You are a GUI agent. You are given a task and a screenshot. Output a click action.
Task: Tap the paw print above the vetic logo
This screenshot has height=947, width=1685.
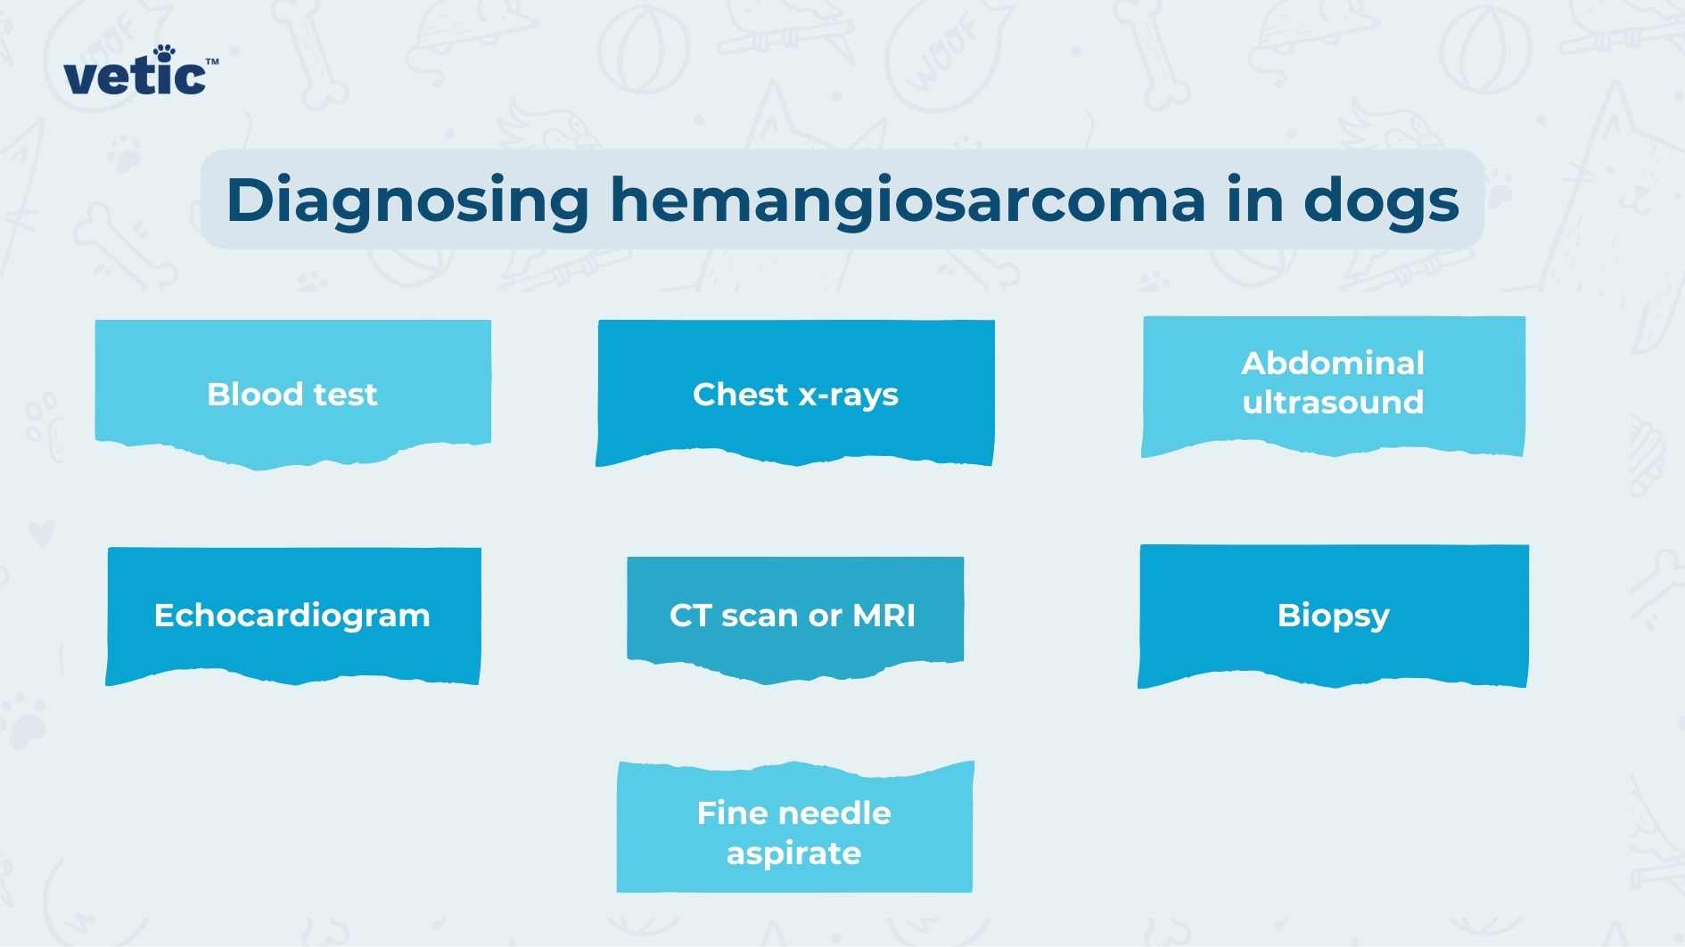pyautogui.click(x=163, y=53)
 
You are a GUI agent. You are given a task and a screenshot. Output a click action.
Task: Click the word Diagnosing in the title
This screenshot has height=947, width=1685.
pyautogui.click(x=407, y=201)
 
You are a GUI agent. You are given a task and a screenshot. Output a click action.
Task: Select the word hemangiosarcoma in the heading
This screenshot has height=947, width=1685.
pyautogui.click(x=907, y=201)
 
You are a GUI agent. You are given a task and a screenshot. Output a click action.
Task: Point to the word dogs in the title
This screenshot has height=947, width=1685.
pyautogui.click(x=1380, y=201)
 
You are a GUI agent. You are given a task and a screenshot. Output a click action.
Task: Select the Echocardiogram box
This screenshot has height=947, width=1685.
pyautogui.click(x=292, y=614)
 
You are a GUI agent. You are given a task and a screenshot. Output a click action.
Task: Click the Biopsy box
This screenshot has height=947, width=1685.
pyautogui.click(x=1333, y=614)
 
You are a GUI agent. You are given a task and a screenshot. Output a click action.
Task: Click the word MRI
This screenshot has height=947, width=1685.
pyautogui.click(x=884, y=616)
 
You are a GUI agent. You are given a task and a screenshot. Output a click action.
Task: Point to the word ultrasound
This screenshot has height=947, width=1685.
pyautogui.click(x=1333, y=403)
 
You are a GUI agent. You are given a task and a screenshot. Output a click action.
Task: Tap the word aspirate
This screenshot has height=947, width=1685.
pyautogui.click(x=793, y=854)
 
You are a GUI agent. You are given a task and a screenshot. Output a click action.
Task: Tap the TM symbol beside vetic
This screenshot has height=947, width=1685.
pyautogui.click(x=212, y=62)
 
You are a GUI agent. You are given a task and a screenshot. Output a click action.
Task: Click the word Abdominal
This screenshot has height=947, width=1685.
pyautogui.click(x=1333, y=363)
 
